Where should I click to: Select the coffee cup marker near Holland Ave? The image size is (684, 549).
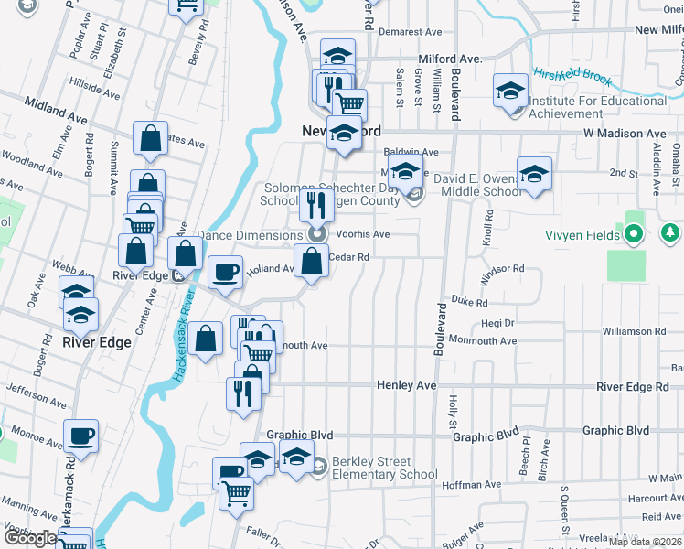click(x=225, y=271)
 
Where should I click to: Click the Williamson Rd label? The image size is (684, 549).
click(x=633, y=331)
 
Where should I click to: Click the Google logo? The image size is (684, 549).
click(x=31, y=538)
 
